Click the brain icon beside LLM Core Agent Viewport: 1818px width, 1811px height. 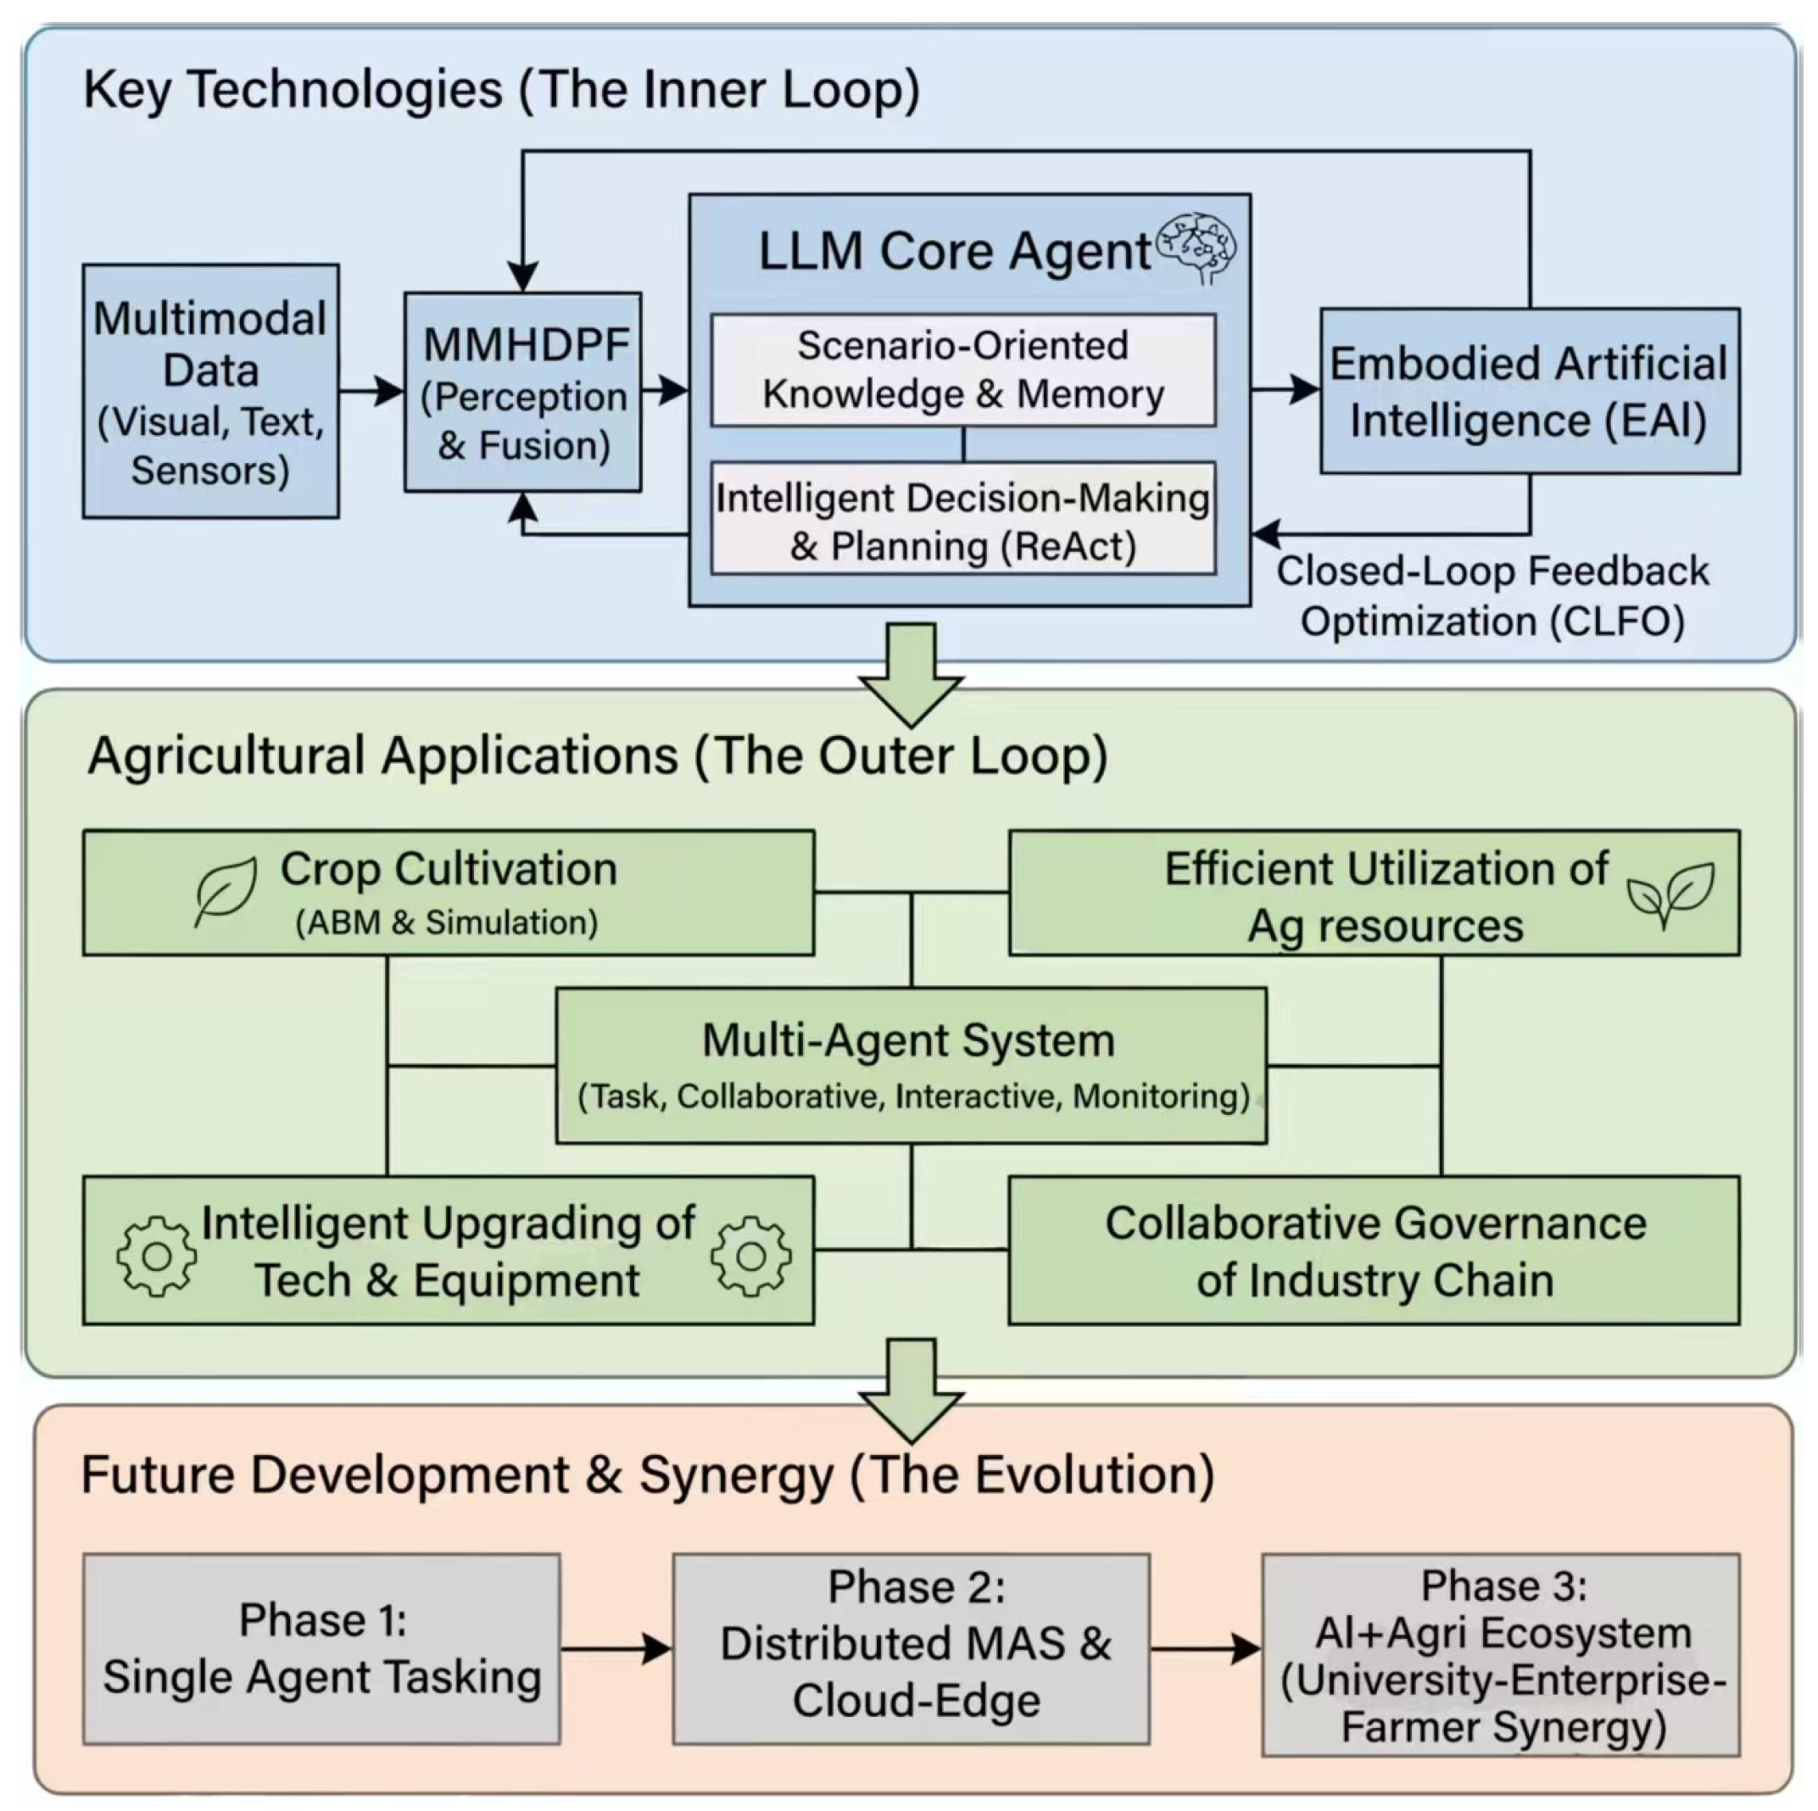(x=1196, y=248)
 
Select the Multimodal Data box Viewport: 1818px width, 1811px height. (x=211, y=390)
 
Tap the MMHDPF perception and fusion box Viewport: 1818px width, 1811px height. (x=523, y=392)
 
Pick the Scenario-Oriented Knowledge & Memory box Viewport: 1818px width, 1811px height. (x=962, y=370)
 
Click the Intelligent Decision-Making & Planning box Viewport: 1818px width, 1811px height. (x=962, y=518)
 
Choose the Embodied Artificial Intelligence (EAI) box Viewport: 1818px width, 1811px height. (x=1530, y=390)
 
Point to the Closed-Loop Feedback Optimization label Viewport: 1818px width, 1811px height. (x=1492, y=596)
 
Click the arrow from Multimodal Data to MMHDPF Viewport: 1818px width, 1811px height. (x=371, y=390)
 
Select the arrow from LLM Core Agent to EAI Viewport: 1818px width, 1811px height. (x=1285, y=388)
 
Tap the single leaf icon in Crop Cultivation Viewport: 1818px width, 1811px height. (x=226, y=891)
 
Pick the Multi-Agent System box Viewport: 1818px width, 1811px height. (x=911, y=1066)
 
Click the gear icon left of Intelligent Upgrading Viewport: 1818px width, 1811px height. (x=157, y=1256)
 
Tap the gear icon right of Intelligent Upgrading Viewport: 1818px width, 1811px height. (x=751, y=1255)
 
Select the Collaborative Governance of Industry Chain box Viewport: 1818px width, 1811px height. (x=1374, y=1251)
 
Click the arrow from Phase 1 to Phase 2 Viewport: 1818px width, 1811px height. (x=616, y=1648)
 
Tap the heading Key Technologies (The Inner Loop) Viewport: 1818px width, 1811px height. (x=501, y=91)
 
